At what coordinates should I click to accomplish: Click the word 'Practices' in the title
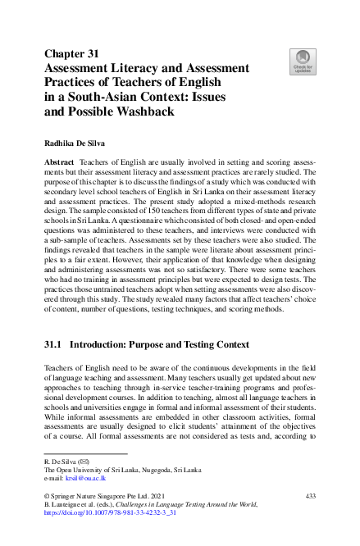tap(75, 83)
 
